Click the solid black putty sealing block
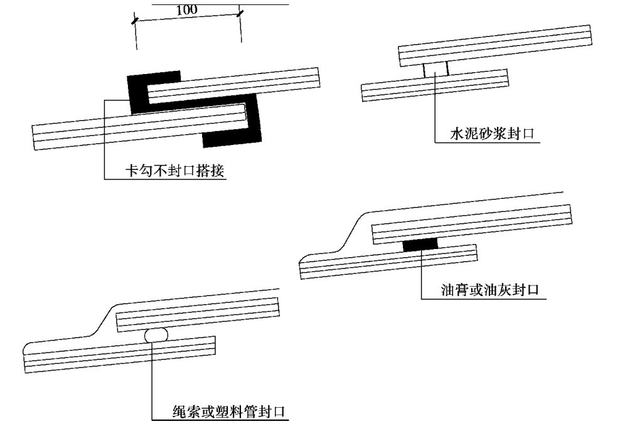420,244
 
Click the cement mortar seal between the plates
435,69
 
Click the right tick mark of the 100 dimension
241,12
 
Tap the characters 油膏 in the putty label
454,289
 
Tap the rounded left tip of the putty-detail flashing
302,258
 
